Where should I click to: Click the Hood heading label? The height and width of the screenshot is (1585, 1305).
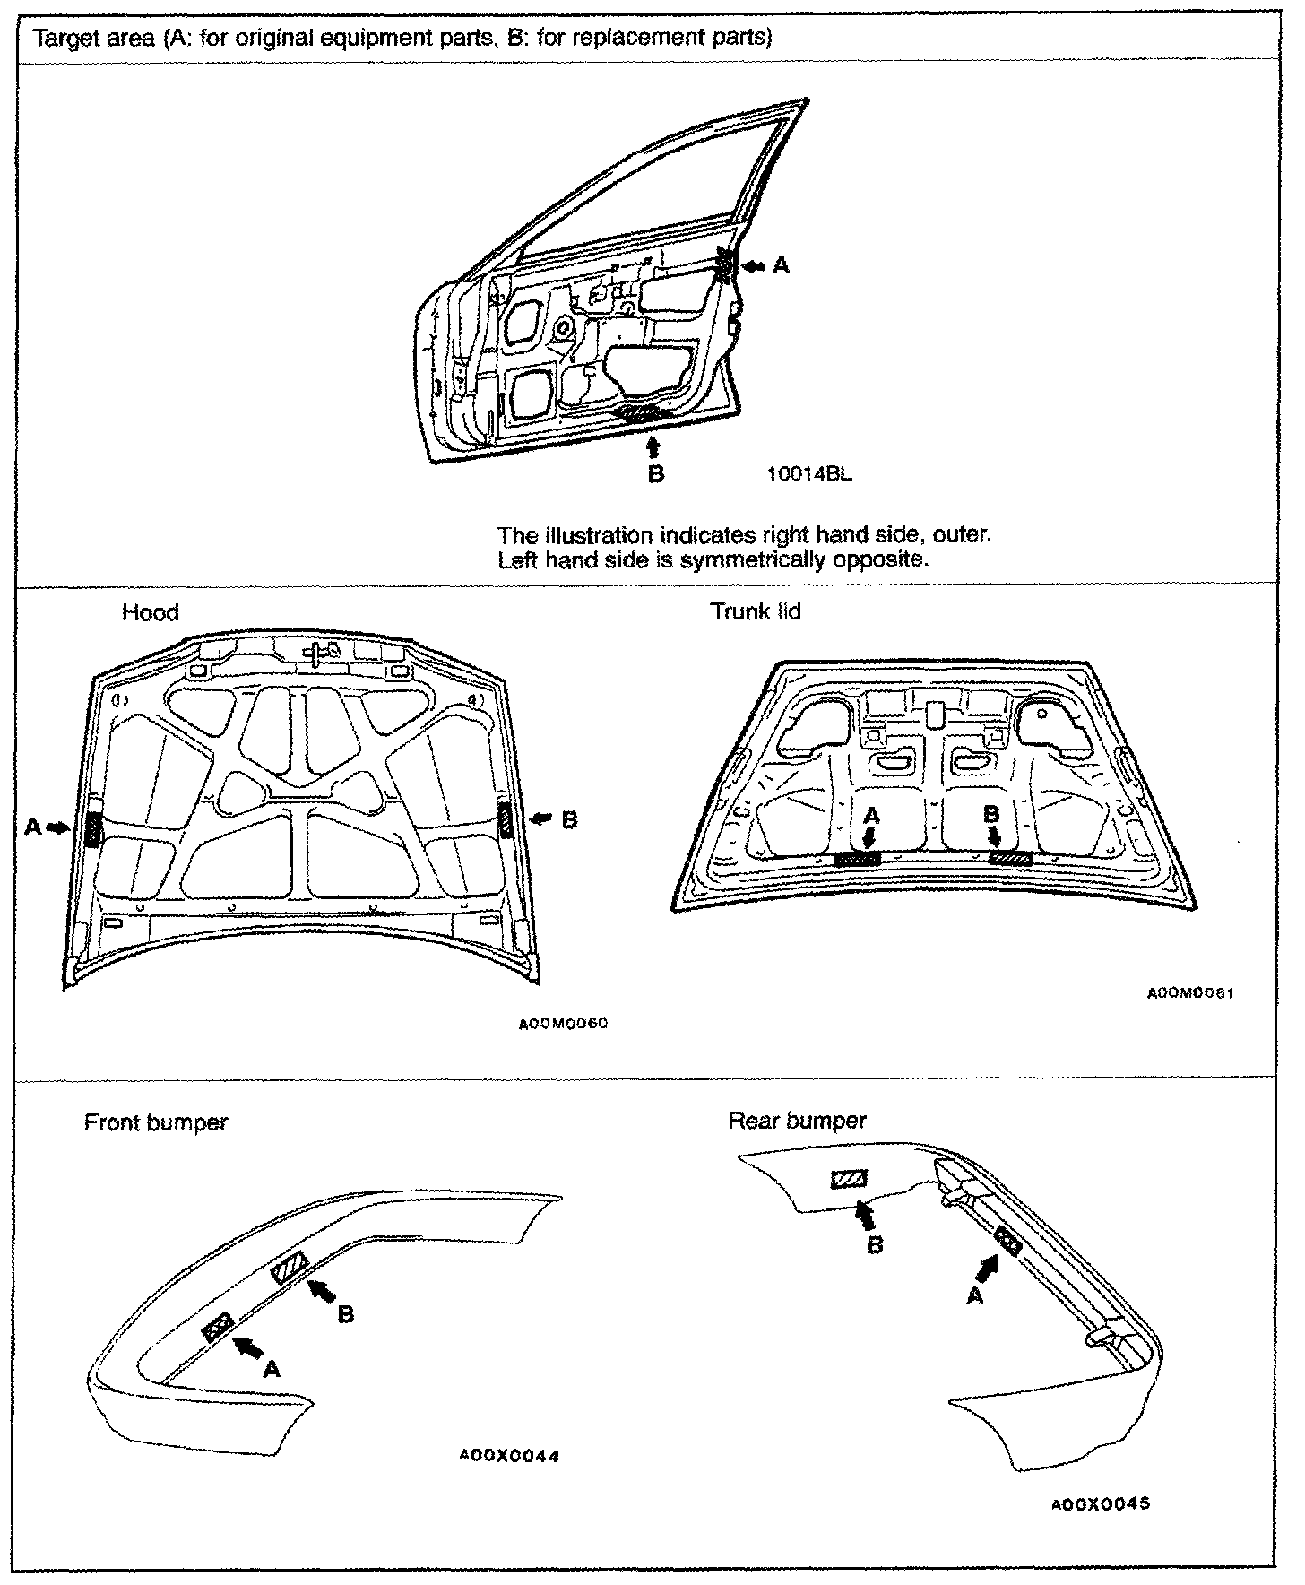click(150, 613)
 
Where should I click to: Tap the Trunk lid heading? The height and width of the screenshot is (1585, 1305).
click(755, 612)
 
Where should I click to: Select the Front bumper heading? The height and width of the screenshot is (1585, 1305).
click(156, 1122)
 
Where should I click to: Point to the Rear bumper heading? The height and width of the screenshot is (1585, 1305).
click(797, 1121)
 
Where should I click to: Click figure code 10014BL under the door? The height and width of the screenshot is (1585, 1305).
click(809, 474)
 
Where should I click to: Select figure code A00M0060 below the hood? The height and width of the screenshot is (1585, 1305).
click(564, 1024)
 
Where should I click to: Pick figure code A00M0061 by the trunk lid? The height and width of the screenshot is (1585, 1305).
click(1191, 994)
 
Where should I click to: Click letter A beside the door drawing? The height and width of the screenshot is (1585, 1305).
click(782, 265)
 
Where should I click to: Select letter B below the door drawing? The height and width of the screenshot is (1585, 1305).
click(655, 473)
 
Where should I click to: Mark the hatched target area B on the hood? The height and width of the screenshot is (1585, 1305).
click(506, 821)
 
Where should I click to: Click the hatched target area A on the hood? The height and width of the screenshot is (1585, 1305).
click(93, 829)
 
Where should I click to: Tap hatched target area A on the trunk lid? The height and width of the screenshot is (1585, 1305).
click(858, 859)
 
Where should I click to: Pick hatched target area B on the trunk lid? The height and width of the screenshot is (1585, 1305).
click(1010, 859)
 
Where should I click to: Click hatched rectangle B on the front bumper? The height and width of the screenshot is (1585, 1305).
click(290, 1269)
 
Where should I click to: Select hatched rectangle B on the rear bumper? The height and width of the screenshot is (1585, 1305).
click(847, 1180)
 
